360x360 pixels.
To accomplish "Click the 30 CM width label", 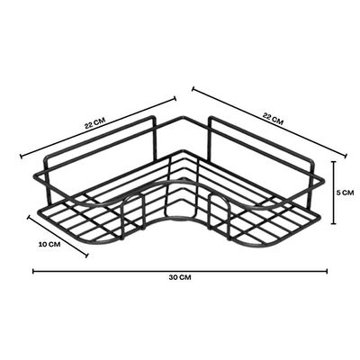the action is (180, 277).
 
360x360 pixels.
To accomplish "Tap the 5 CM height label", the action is (345, 193).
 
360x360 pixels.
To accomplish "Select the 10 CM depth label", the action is (49, 244).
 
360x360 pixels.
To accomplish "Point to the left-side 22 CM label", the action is (94, 123).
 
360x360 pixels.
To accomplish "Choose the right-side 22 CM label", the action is (273, 119).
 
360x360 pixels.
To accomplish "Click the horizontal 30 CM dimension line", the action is (180, 271).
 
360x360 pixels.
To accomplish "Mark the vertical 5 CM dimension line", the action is (333, 193).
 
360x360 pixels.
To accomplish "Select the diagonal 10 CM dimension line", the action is (58, 236).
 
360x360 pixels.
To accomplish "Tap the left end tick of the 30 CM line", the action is (33, 271).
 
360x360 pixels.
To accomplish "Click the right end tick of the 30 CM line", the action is (327, 271).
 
